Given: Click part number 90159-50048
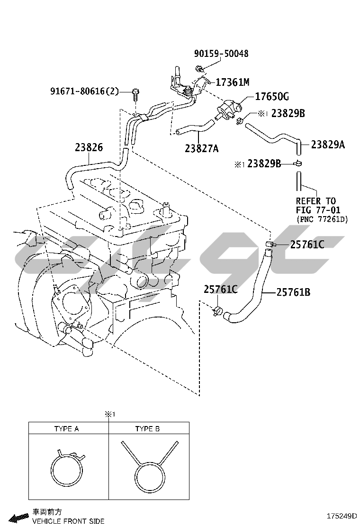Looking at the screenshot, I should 221,54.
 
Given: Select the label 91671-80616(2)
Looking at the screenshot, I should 84,91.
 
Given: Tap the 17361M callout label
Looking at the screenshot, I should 232,82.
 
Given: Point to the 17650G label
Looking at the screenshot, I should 272,97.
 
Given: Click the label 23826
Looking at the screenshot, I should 89,147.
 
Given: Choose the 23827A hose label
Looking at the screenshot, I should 202,148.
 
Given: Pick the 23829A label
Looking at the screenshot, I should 328,145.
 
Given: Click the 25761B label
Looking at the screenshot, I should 293,292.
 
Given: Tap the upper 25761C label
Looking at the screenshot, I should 307,245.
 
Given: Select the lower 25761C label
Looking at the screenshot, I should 221,289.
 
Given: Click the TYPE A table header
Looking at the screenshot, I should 66,429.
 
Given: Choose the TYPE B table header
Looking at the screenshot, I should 147,429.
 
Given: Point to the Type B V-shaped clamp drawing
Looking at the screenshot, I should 149,467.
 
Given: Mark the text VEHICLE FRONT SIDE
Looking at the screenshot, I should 68,521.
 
